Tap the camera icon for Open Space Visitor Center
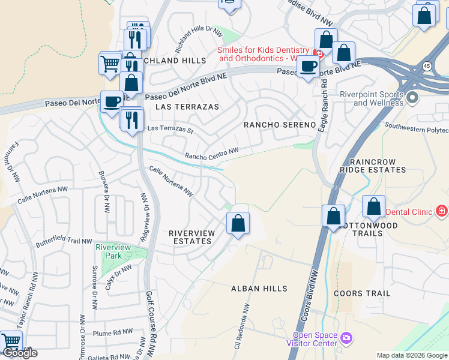346,338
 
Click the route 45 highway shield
426,65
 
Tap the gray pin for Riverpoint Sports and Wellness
412,97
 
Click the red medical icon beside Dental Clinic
442,211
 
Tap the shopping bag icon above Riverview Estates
238,223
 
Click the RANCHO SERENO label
279,125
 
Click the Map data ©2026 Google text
412,355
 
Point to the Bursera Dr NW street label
104,191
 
